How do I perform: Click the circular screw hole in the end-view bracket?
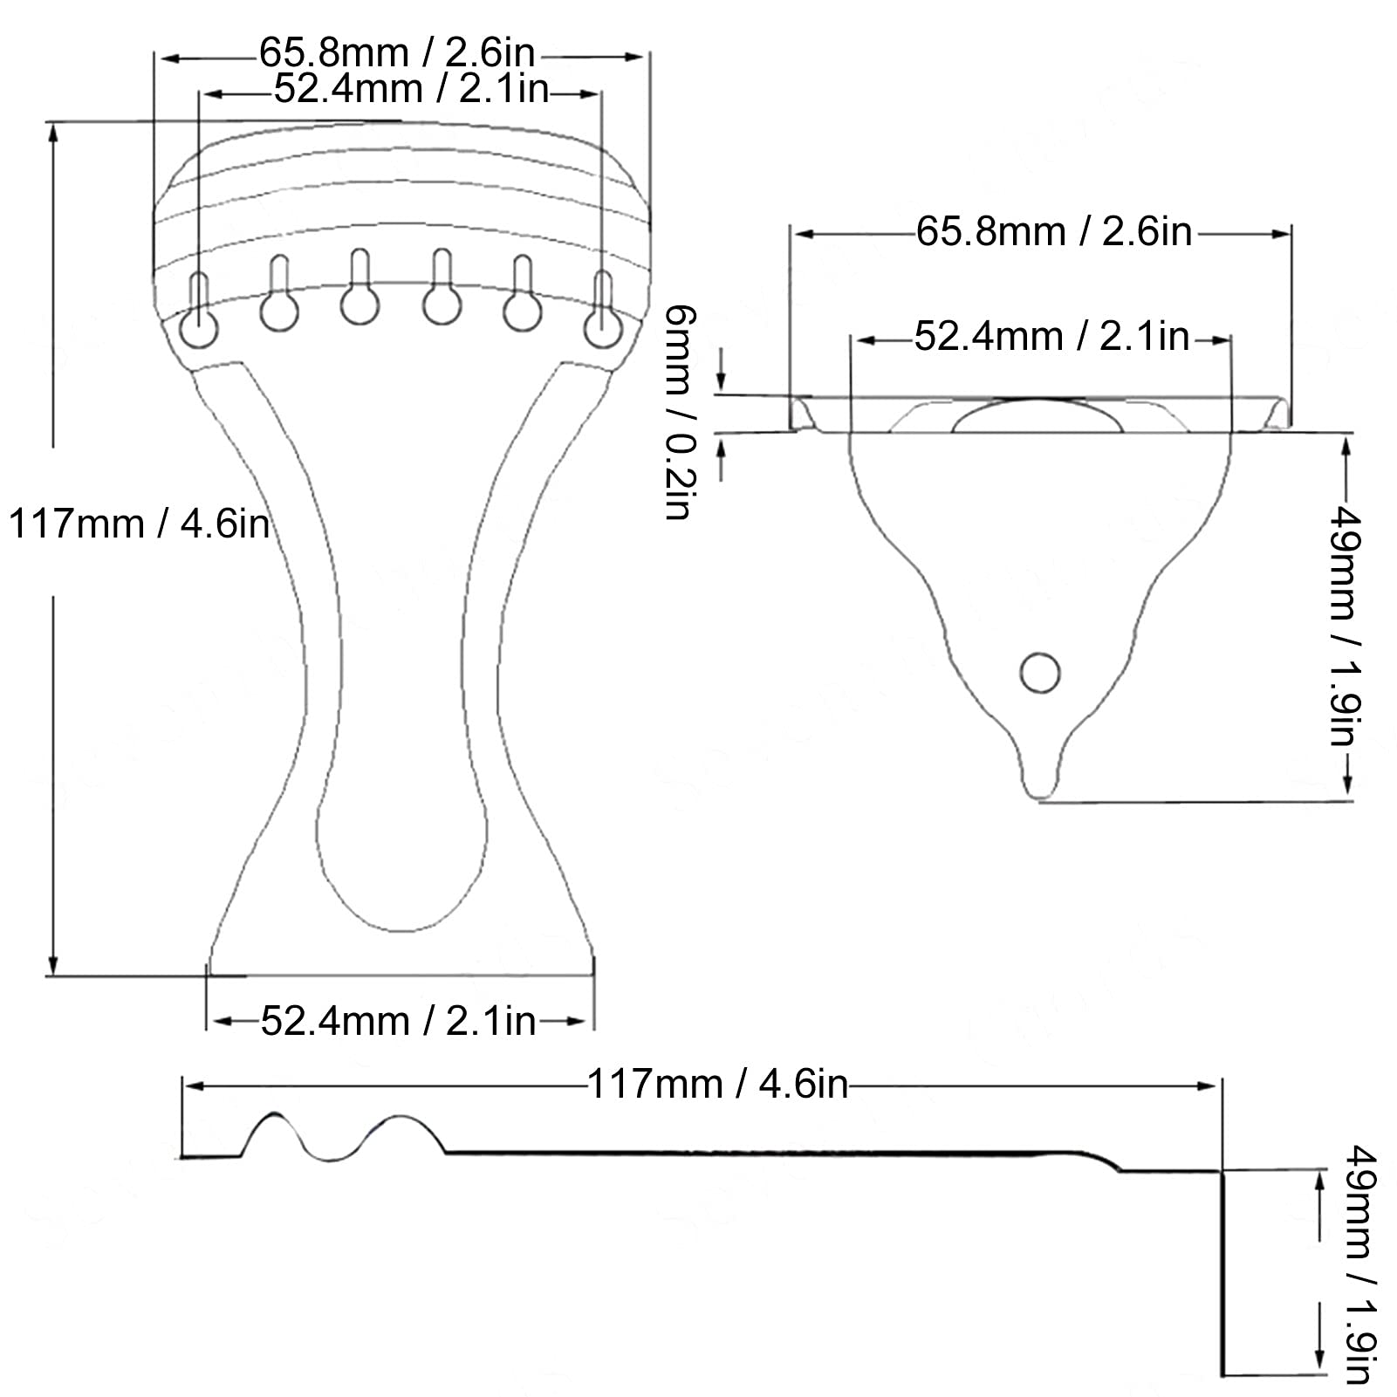coord(1040,673)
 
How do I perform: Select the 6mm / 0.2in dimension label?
coord(678,413)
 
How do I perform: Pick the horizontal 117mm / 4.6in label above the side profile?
coord(717,1085)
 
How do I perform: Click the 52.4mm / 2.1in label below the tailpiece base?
coord(398,1020)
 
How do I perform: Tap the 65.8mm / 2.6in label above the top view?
coord(397,54)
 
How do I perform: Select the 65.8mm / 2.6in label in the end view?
coord(1054,232)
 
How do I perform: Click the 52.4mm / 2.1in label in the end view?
coord(1051,337)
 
